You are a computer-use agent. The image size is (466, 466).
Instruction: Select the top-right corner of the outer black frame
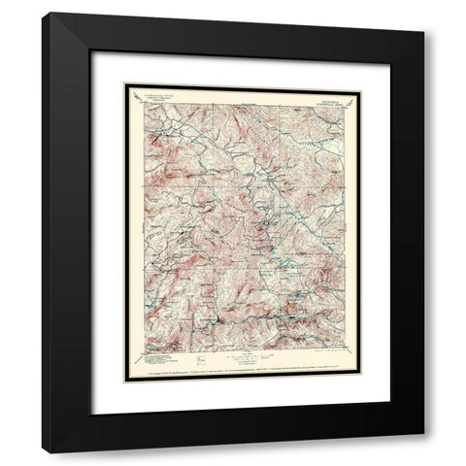point(423,13)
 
